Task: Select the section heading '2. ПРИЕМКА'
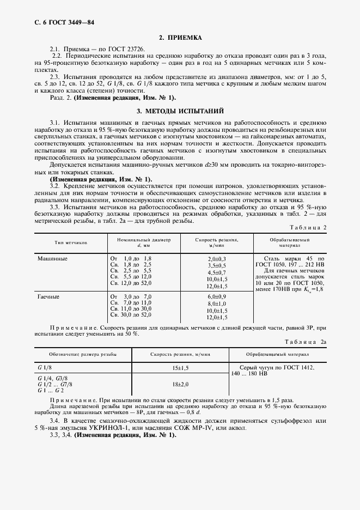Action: click(180, 38)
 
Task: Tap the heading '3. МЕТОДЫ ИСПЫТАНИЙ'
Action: click(180, 111)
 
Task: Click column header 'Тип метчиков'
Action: click(71, 242)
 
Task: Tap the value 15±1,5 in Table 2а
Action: click(180, 368)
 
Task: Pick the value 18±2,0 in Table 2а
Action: click(180, 384)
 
